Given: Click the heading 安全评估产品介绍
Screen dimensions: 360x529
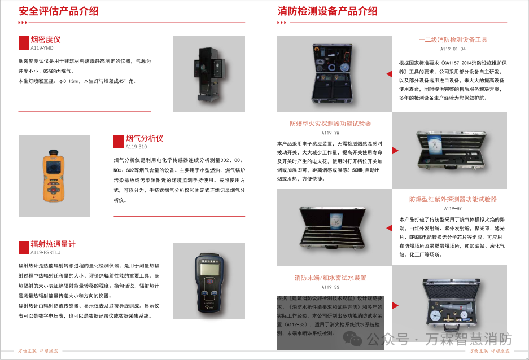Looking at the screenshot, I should click(59, 11).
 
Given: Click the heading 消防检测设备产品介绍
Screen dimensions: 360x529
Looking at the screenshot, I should click(327, 11).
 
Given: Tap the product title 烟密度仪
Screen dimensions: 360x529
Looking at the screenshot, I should click(46, 39).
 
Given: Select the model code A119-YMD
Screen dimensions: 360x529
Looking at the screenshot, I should click(42, 49).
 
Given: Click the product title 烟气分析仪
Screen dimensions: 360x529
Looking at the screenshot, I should click(144, 138).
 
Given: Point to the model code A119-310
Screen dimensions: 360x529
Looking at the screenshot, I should click(136, 147).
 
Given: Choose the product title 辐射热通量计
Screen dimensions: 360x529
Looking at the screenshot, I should click(53, 244).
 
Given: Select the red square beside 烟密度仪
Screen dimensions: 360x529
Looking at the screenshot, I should click(24, 43).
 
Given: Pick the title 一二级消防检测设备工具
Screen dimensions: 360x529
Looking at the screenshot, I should click(453, 40).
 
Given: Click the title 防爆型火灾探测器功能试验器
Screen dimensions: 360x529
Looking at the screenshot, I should click(330, 124).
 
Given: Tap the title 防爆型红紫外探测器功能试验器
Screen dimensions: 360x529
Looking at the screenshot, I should click(453, 199).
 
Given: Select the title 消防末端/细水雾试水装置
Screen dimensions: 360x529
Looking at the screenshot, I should click(330, 278).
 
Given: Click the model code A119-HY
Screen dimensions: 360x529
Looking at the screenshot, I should click(453, 208).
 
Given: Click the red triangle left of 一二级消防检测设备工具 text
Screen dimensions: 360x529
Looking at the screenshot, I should click(390, 74).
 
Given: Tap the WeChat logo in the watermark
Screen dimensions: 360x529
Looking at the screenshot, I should click(355, 339).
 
